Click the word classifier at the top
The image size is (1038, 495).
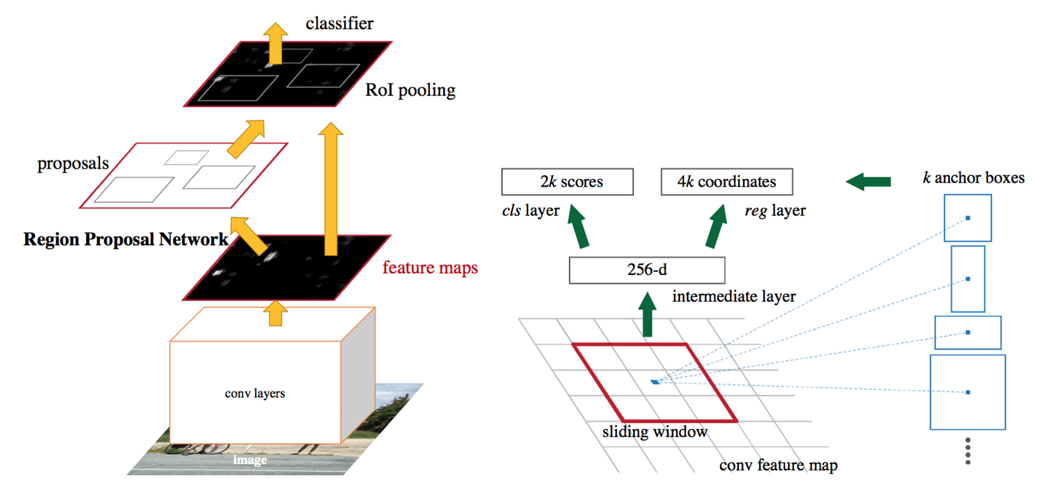tap(339, 24)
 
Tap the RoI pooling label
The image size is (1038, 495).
tap(410, 90)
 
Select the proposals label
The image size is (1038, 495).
tap(73, 163)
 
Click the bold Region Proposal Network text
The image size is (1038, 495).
tap(126, 239)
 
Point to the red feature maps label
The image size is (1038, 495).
tap(429, 267)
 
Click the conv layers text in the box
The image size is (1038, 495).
tap(255, 394)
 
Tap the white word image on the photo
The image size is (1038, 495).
tap(250, 460)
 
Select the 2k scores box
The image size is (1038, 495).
tap(567, 182)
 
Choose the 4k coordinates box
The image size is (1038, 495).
tap(727, 182)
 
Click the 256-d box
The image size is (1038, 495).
tap(647, 270)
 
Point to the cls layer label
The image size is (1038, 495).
tap(531, 211)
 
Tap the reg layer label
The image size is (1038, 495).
tap(775, 211)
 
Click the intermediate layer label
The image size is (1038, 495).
tap(734, 296)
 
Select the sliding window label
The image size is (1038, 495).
tap(655, 432)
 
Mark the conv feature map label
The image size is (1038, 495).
tap(778, 465)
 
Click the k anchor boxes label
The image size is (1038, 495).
tap(973, 178)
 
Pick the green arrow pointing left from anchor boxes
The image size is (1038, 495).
tap(868, 182)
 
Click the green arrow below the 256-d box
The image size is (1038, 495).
tap(647, 315)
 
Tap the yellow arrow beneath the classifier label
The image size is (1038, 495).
tap(276, 43)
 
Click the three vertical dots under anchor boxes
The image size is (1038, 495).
tap(967, 450)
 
